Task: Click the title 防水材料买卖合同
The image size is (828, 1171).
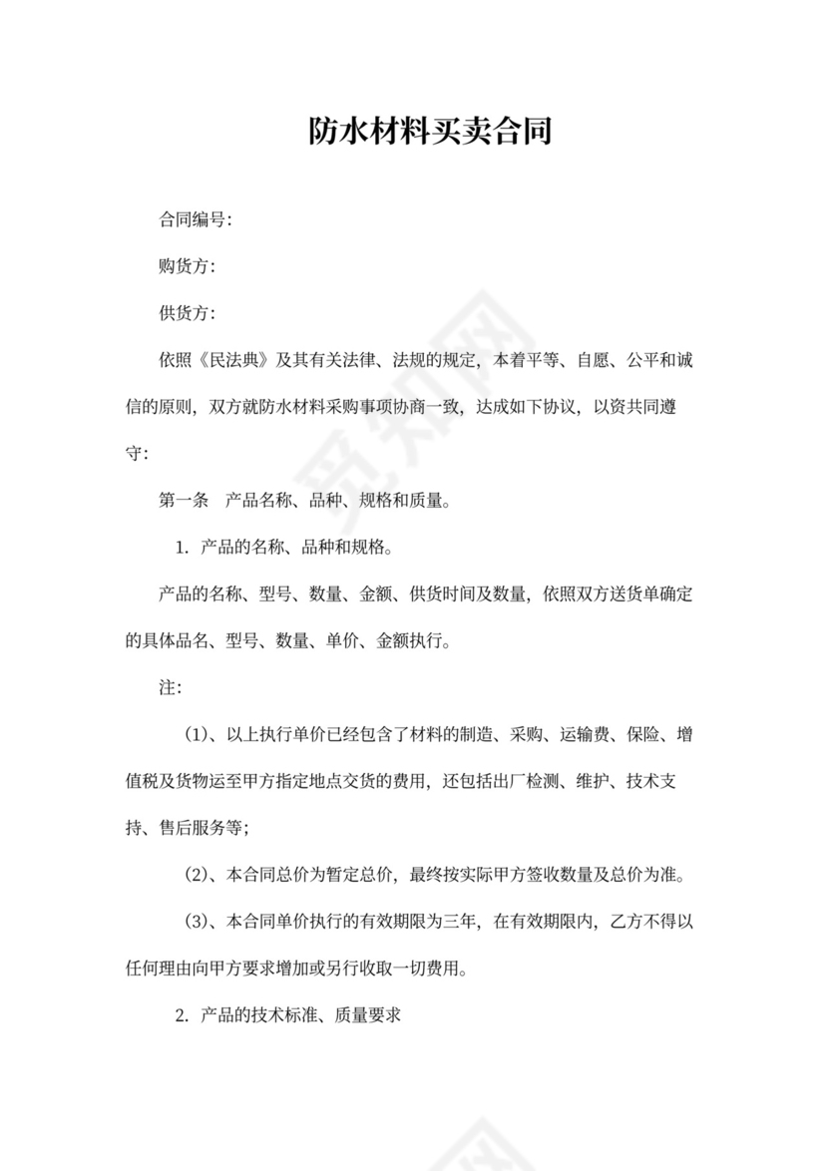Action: (x=430, y=131)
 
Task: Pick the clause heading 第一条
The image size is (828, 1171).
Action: (x=184, y=501)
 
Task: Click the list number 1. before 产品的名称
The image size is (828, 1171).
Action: (x=182, y=548)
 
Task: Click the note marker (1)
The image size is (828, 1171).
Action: (x=198, y=735)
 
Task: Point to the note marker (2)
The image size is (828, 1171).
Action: (x=198, y=876)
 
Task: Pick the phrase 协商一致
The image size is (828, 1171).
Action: (x=428, y=407)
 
